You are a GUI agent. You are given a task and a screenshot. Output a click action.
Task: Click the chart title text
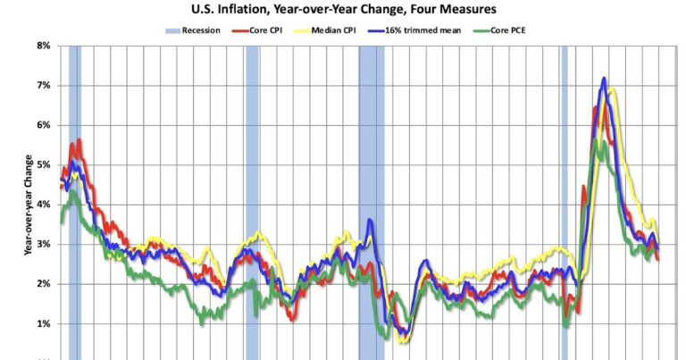342,10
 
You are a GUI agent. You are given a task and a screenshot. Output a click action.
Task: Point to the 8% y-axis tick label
42,46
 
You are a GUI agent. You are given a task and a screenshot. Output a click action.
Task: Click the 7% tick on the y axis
42,86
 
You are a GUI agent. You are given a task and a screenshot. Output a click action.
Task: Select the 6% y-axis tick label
42,125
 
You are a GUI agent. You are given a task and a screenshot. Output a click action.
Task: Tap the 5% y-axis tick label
42,165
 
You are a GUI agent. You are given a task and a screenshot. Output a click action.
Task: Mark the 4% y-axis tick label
42,205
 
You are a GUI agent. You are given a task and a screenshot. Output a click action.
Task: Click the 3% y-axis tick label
42,245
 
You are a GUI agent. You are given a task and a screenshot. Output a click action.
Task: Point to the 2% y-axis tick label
42,284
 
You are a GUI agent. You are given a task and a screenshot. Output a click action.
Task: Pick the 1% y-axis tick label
42,324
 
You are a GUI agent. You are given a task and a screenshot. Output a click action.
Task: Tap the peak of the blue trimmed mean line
604,80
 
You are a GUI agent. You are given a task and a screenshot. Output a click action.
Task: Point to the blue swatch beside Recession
171,29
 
